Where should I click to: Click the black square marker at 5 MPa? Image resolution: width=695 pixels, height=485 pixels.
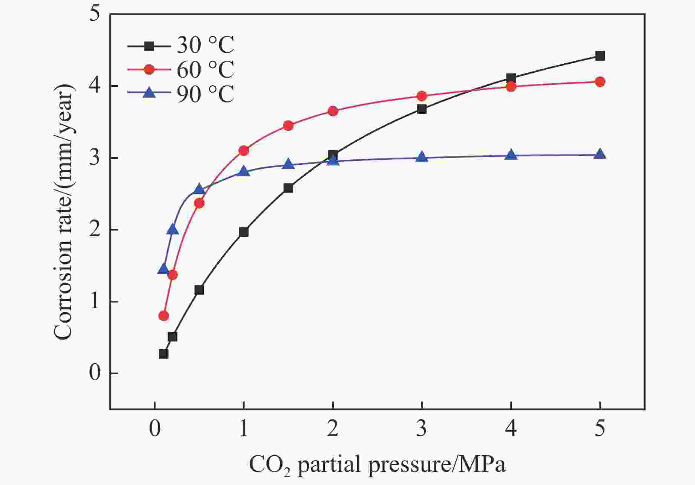tap(600, 56)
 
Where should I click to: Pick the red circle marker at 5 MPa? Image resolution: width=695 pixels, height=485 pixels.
tap(600, 82)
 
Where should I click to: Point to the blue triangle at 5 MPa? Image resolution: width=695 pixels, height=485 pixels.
tap(600, 155)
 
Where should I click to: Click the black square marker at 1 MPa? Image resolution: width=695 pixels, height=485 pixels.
tap(244, 232)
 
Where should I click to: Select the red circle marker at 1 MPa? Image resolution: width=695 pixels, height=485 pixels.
tap(244, 151)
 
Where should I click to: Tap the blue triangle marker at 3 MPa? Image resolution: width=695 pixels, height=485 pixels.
tap(422, 157)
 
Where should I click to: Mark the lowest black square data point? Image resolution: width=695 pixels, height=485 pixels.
tap(163, 354)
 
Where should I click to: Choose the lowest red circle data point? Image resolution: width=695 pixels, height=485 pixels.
tap(163, 316)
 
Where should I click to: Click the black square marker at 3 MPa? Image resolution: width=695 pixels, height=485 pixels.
tap(422, 109)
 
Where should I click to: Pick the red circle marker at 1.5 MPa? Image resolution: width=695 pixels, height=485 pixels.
tap(288, 125)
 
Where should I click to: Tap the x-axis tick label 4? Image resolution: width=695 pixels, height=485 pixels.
tap(511, 429)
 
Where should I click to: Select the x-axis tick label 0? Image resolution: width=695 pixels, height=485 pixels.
tap(155, 429)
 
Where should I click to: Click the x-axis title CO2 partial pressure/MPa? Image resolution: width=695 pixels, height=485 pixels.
tap(377, 464)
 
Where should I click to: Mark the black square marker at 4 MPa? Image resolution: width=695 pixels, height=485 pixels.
tap(511, 78)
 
